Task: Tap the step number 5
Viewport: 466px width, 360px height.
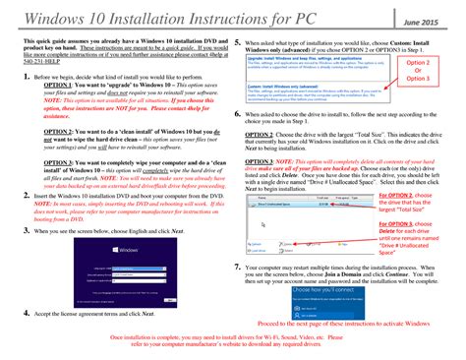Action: tap(238, 44)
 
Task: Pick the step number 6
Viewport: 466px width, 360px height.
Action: tap(238, 115)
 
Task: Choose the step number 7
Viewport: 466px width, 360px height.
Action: tap(238, 267)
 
